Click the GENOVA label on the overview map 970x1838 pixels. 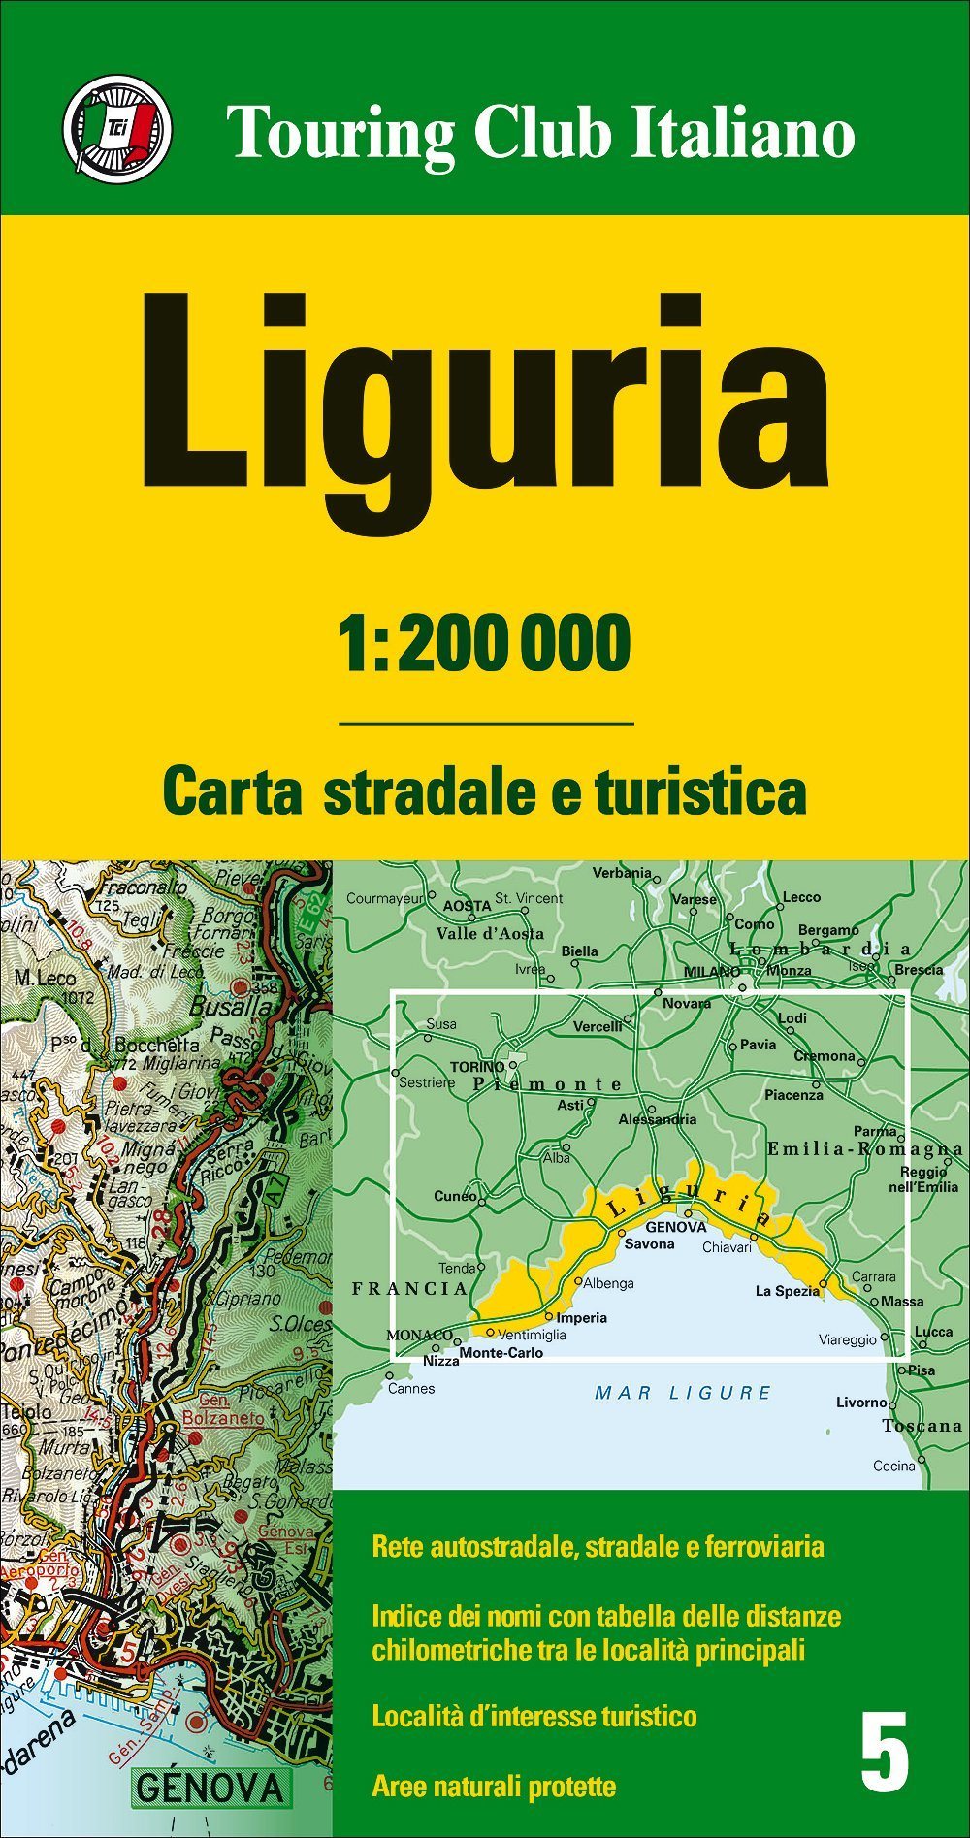675,1227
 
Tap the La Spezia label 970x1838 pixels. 787,1291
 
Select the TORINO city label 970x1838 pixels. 477,1067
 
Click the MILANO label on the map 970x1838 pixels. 711,971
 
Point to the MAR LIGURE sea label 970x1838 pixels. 683,1394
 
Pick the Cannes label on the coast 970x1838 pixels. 411,1388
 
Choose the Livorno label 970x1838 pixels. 861,1403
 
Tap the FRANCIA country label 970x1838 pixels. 409,1289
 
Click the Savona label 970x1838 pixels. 649,1244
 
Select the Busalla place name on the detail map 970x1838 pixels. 230,1007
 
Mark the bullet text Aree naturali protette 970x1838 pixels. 494,1786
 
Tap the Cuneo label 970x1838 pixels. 455,1196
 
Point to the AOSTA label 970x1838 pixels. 467,906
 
